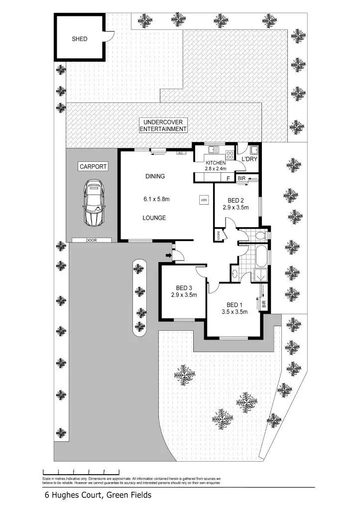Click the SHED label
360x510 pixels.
[x=80, y=38]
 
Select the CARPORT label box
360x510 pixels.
[x=93, y=167]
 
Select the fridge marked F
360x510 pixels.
[x=228, y=178]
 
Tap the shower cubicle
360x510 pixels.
[x=260, y=274]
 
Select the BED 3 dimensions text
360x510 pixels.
[x=183, y=295]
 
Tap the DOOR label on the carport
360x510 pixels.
[x=91, y=240]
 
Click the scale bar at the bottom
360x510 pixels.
[x=81, y=471]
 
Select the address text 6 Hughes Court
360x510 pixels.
[x=98, y=495]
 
